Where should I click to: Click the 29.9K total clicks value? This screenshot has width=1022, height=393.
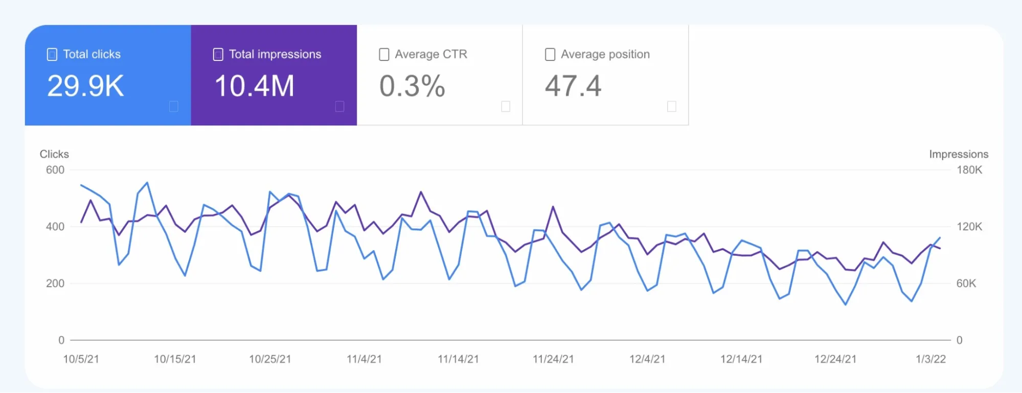click(x=85, y=86)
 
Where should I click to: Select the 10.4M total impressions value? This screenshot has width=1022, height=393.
click(x=254, y=86)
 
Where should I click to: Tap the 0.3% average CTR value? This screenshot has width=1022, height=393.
click(x=412, y=86)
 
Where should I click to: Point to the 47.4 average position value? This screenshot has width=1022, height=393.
click(x=573, y=86)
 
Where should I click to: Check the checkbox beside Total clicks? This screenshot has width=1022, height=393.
click(x=52, y=54)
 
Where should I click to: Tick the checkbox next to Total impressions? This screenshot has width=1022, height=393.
click(x=218, y=54)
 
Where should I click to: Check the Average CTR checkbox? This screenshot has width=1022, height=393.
click(x=384, y=54)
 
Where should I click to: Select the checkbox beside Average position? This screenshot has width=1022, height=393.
click(x=550, y=54)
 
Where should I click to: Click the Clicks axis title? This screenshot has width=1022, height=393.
click(x=54, y=154)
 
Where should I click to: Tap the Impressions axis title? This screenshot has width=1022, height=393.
click(x=959, y=154)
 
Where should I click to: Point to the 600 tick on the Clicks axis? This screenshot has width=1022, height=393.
click(x=55, y=170)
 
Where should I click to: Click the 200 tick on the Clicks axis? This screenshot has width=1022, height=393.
click(x=55, y=283)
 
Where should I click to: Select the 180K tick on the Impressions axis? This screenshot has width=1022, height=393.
click(x=969, y=170)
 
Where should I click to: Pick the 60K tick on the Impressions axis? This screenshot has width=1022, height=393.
click(x=966, y=283)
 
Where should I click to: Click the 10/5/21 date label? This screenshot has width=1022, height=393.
click(x=81, y=359)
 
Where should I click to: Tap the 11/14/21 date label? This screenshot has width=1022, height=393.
click(x=458, y=359)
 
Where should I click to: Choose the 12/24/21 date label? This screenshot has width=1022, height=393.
click(x=835, y=359)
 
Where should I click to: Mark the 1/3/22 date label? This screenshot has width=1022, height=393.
click(x=930, y=359)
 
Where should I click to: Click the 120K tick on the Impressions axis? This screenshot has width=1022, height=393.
click(x=969, y=227)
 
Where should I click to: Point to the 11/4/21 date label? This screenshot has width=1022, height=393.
click(x=364, y=359)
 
